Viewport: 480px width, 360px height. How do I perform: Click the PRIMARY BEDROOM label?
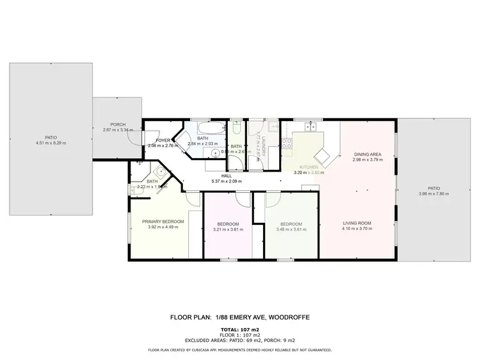click(x=163, y=222)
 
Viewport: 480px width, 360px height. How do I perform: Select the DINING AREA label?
click(x=367, y=154)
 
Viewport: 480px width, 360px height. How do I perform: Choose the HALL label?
click(x=227, y=176)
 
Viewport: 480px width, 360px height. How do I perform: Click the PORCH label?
click(x=117, y=124)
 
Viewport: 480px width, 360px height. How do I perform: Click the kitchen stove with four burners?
click(x=287, y=143)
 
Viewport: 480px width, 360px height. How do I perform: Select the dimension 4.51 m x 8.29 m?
click(x=51, y=143)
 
